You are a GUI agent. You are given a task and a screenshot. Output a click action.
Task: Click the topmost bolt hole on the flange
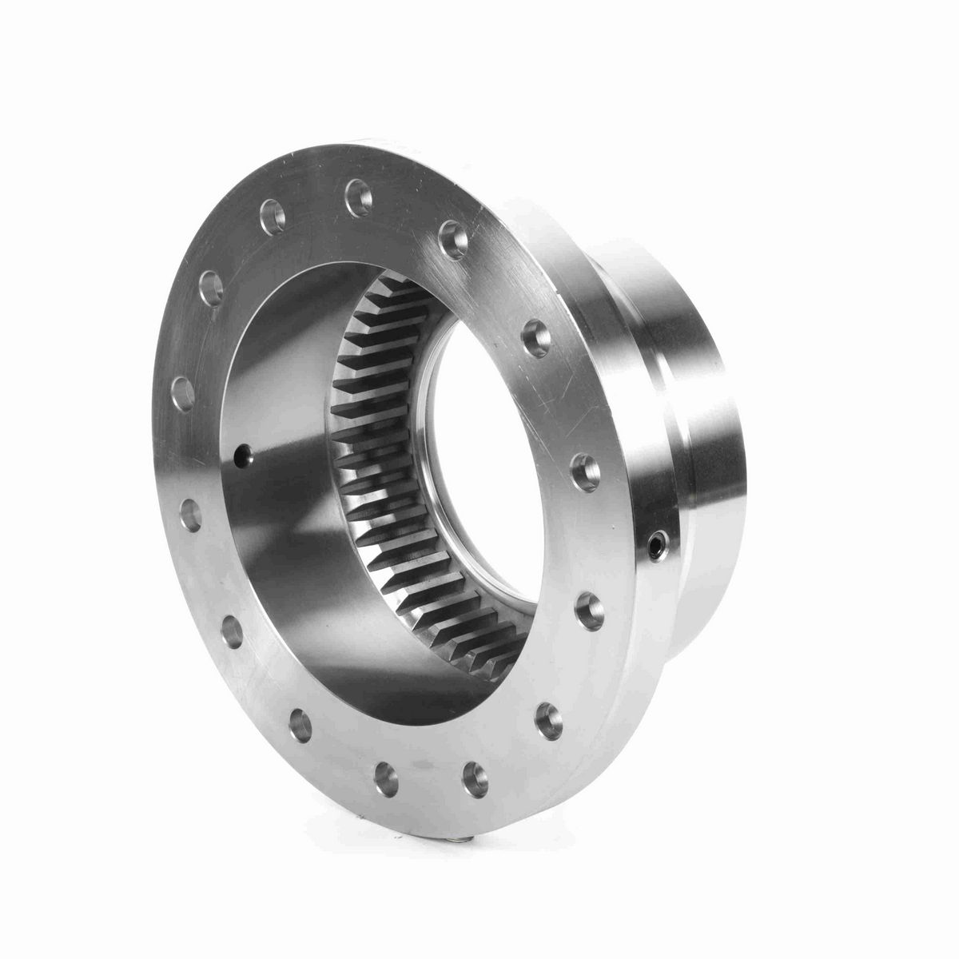pos(357,194)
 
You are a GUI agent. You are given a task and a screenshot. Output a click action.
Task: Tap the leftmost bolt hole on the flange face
pos(182,392)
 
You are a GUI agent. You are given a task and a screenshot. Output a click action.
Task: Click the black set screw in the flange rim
pos(657,546)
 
